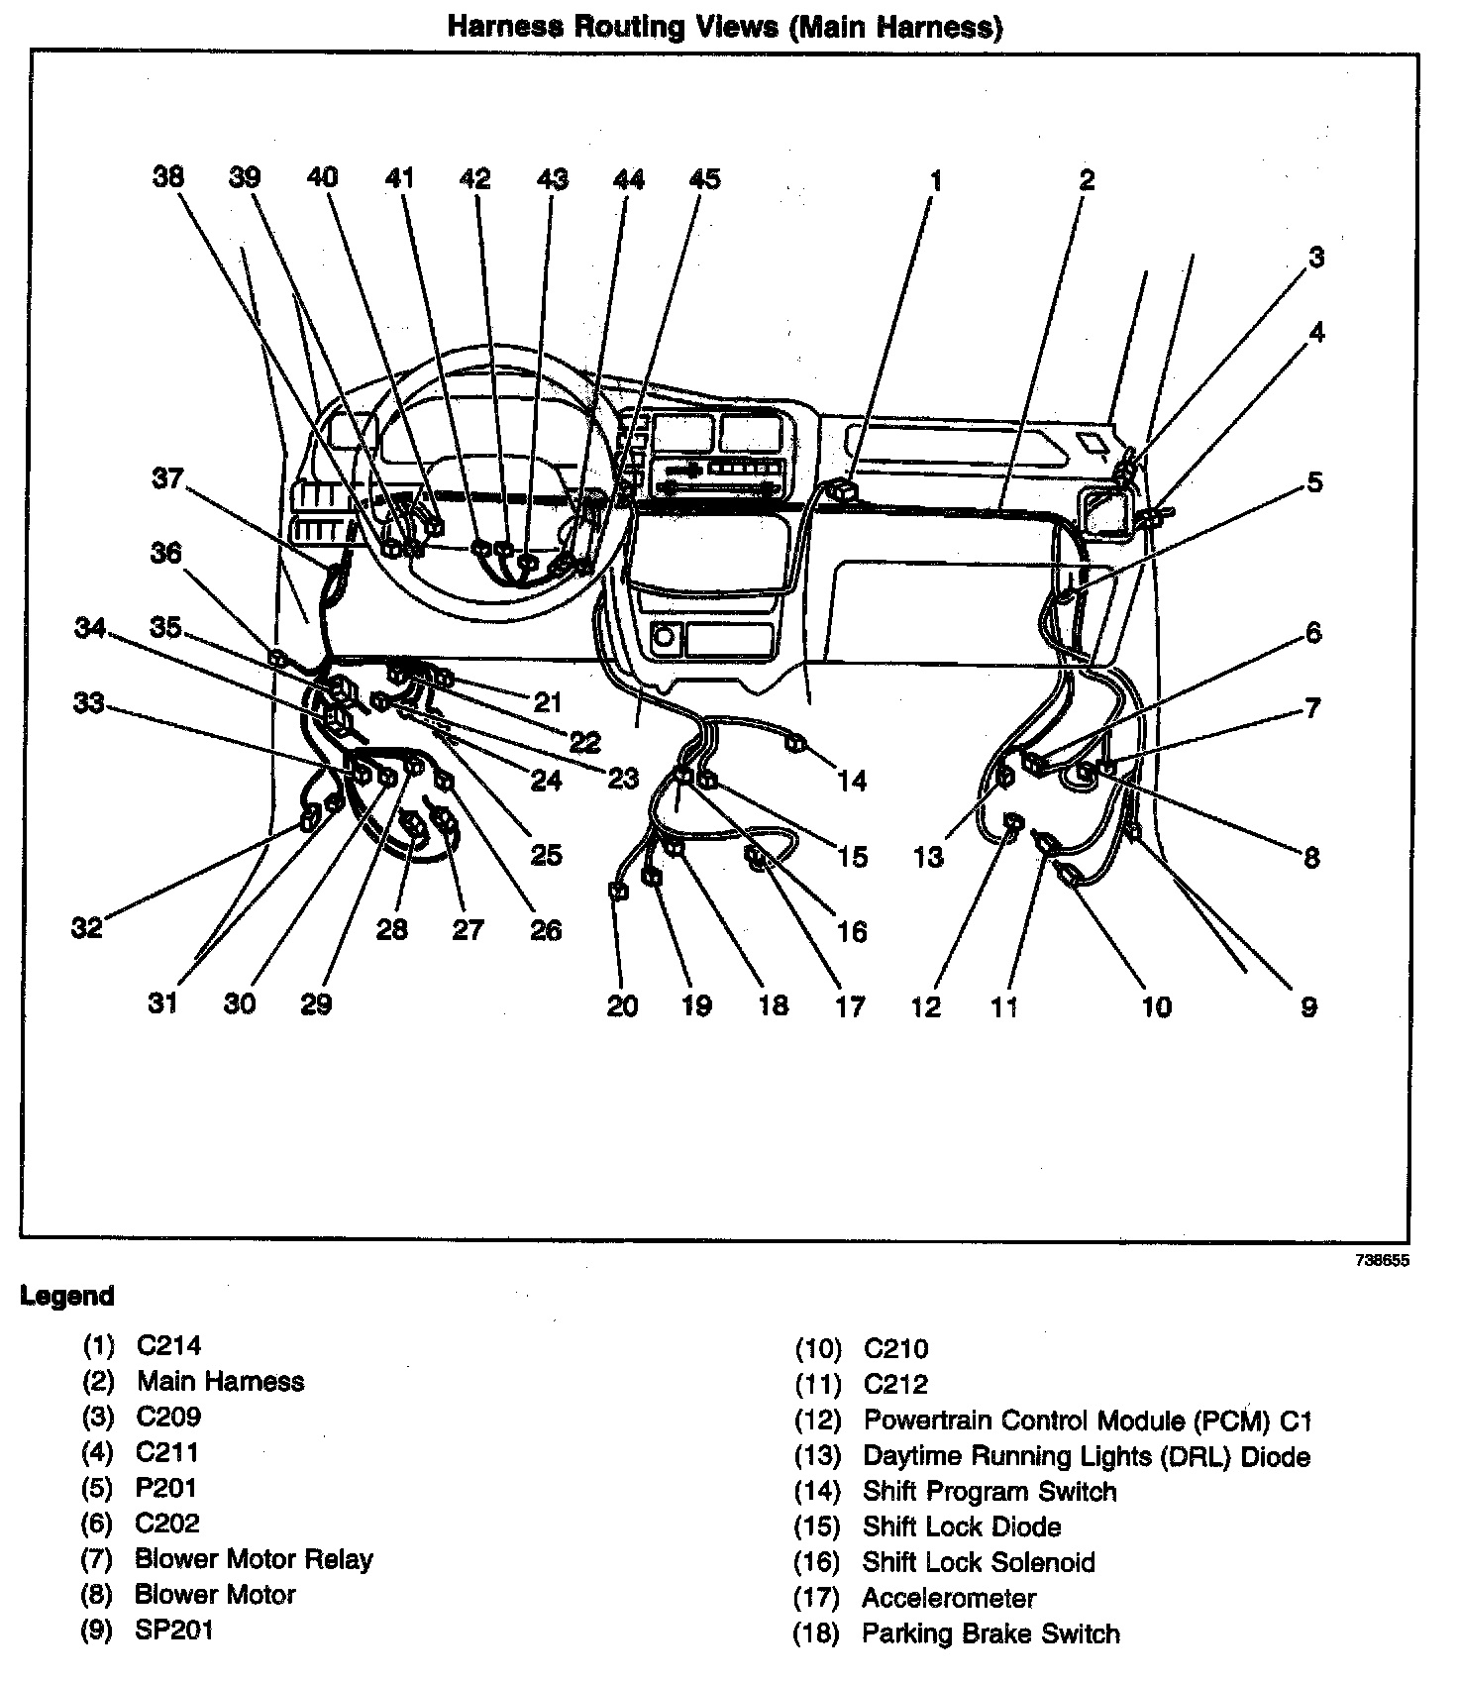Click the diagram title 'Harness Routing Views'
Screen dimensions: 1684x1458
point(724,26)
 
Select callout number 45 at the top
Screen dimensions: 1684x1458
point(704,178)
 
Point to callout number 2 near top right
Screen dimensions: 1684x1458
point(1087,179)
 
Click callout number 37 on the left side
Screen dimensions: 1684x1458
point(167,478)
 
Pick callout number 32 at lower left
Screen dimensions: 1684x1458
point(87,927)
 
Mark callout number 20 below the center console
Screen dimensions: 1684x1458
point(622,1005)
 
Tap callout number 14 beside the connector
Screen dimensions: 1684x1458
point(852,781)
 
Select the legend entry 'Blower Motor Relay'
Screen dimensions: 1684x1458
point(254,1558)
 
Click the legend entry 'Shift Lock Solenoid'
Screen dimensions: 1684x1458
point(979,1562)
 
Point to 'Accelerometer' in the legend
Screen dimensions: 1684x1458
point(949,1598)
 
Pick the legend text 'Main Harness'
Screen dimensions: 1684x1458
point(221,1381)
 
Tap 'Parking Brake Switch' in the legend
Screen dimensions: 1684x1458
point(990,1633)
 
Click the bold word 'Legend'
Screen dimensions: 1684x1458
point(67,1296)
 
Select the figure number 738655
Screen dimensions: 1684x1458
point(1382,1261)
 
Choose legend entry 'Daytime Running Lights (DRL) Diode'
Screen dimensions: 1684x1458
point(1087,1456)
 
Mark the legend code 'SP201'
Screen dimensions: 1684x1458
point(174,1630)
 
